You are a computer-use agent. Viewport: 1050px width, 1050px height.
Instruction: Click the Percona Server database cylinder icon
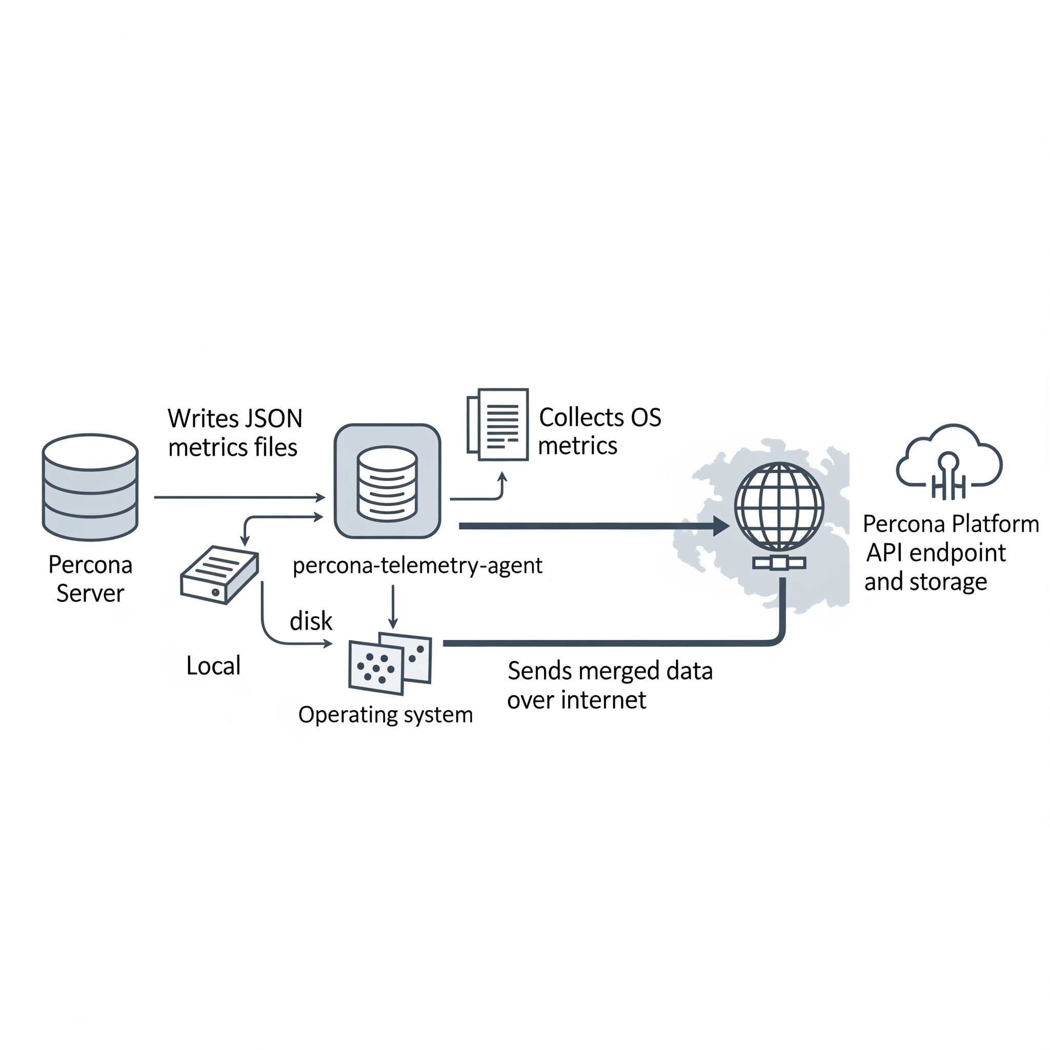coord(90,487)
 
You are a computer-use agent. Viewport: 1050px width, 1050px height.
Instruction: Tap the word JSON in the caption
coord(273,418)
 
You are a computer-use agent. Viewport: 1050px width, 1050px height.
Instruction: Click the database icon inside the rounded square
coord(387,483)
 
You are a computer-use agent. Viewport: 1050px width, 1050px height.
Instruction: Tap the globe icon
coord(779,507)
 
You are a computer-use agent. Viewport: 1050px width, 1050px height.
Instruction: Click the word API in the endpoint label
coord(884,553)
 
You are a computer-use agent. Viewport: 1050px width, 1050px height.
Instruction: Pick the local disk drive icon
coord(219,574)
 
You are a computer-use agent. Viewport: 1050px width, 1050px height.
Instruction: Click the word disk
coord(310,621)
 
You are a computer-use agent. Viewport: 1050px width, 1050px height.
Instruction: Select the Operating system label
coord(386,714)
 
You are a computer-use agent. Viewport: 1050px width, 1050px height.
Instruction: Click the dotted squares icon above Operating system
coord(390,663)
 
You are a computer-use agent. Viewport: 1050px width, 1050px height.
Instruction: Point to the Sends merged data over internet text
coord(609,685)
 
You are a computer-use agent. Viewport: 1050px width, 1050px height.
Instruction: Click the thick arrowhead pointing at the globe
coord(721,526)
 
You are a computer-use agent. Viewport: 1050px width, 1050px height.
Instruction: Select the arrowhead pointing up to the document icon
coord(502,477)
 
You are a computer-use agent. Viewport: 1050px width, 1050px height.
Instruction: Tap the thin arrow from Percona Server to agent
coord(239,497)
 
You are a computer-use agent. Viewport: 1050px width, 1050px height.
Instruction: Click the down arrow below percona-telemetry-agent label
coord(393,608)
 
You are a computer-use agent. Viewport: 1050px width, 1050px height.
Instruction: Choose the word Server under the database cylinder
coord(90,593)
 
